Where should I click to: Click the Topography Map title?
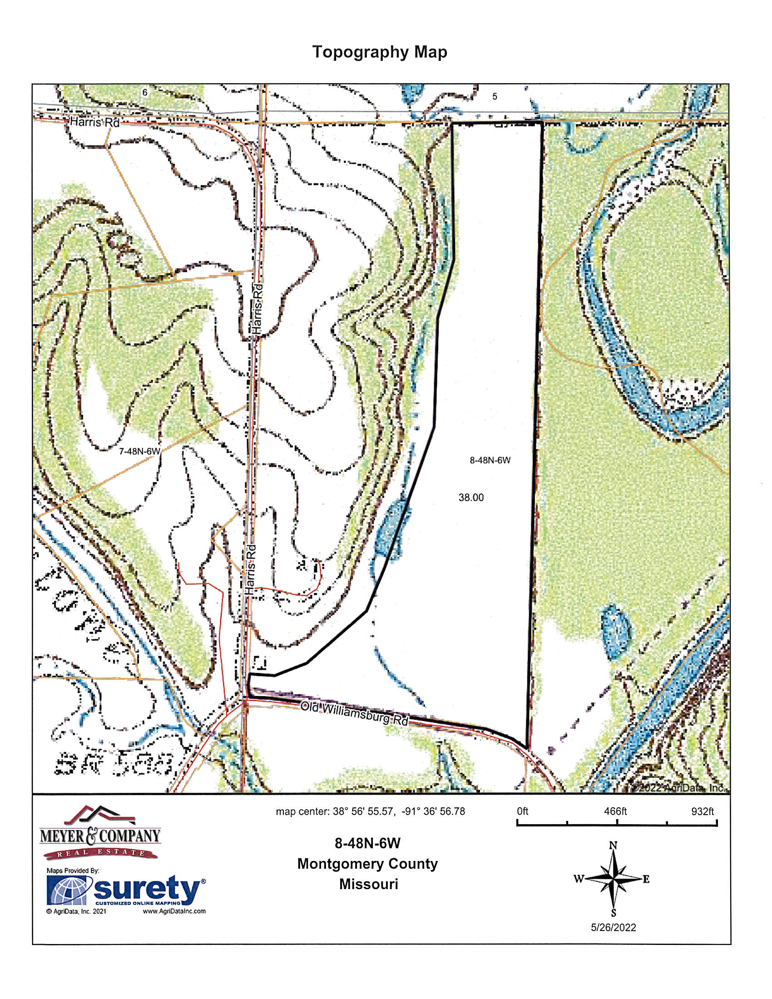pos(379,52)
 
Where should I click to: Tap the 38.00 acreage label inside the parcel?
pos(471,497)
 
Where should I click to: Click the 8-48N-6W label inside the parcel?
pos(490,460)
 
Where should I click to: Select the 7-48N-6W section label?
pos(139,451)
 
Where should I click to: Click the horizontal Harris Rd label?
pos(94,123)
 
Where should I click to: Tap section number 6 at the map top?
pos(145,93)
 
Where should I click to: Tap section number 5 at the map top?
pos(495,97)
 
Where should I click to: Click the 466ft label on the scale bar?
pos(615,811)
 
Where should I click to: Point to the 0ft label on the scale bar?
pos(522,811)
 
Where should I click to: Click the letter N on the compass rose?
pos(614,846)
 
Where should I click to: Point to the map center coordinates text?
pos(370,811)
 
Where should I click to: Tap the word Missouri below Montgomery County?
pos(369,884)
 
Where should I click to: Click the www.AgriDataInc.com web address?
pos(174,911)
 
